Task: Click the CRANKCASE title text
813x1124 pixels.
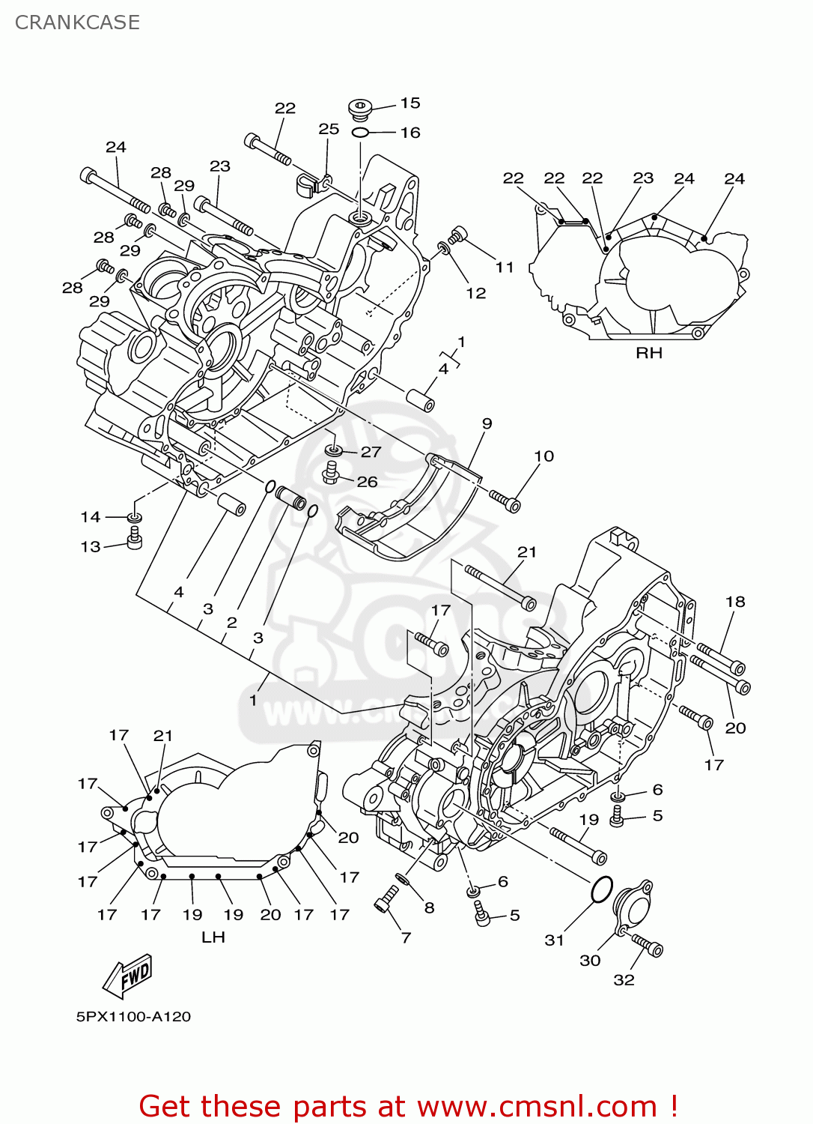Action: [77, 22]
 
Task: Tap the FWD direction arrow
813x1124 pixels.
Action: [128, 976]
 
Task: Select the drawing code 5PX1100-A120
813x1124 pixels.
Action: [133, 1017]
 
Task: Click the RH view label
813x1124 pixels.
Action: [648, 353]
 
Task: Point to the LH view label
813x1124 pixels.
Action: [213, 937]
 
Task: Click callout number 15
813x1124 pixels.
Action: [410, 103]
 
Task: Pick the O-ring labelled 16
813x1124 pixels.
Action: [360, 133]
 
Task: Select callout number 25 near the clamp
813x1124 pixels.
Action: [329, 129]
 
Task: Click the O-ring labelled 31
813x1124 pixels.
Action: [602, 889]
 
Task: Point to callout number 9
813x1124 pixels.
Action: [487, 423]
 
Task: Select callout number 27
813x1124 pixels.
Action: [371, 452]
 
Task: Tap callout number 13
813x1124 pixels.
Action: [91, 546]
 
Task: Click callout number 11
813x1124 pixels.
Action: [505, 267]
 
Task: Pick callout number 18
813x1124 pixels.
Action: [735, 602]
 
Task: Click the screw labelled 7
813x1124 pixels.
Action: [388, 898]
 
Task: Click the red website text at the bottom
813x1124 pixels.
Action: [408, 1106]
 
